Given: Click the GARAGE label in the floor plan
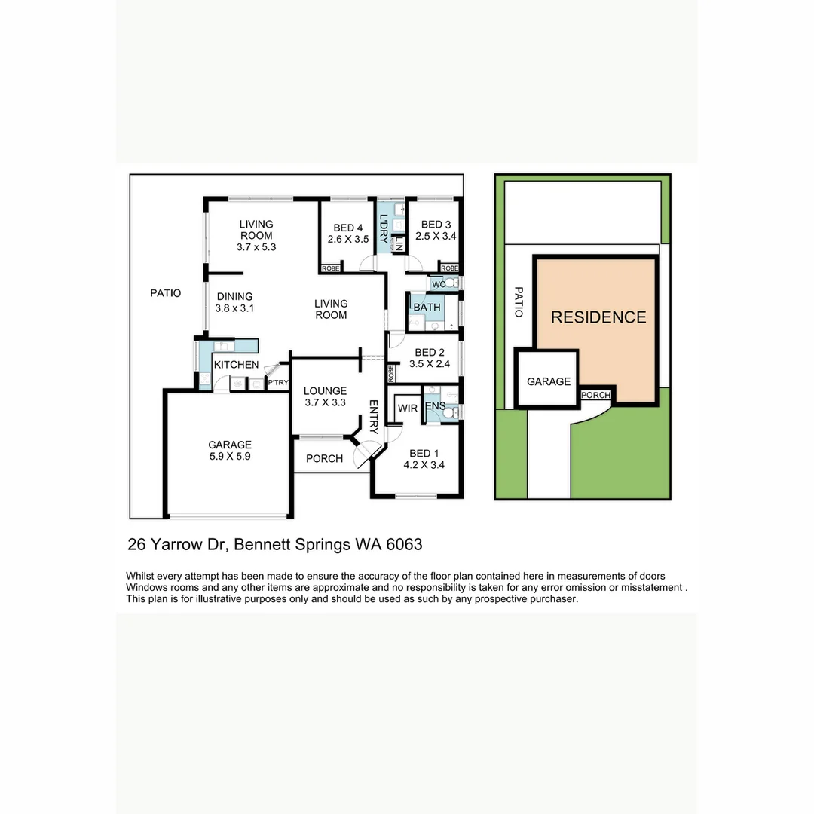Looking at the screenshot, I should tap(230, 445).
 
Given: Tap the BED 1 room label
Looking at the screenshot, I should tap(424, 453).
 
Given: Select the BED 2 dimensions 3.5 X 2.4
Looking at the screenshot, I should tap(429, 363).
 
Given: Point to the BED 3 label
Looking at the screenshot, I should tap(436, 225).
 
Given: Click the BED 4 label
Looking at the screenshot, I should tap(347, 228).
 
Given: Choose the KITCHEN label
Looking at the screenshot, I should tap(237, 365).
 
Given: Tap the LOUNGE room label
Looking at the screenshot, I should tap(325, 390).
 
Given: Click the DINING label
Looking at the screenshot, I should tap(234, 296).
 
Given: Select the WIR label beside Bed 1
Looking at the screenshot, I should tap(407, 408).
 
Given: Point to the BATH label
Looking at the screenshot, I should tap(427, 308).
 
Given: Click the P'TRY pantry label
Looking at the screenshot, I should tap(278, 383).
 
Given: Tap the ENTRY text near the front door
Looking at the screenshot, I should tap(373, 416).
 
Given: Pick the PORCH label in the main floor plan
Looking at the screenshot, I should tap(324, 458).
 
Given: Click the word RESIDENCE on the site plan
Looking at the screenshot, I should tap(598, 317).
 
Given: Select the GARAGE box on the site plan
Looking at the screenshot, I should tap(548, 381).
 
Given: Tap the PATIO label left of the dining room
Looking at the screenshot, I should tap(166, 292).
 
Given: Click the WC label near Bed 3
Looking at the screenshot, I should tap(438, 284).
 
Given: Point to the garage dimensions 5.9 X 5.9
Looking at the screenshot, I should tap(230, 456).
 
